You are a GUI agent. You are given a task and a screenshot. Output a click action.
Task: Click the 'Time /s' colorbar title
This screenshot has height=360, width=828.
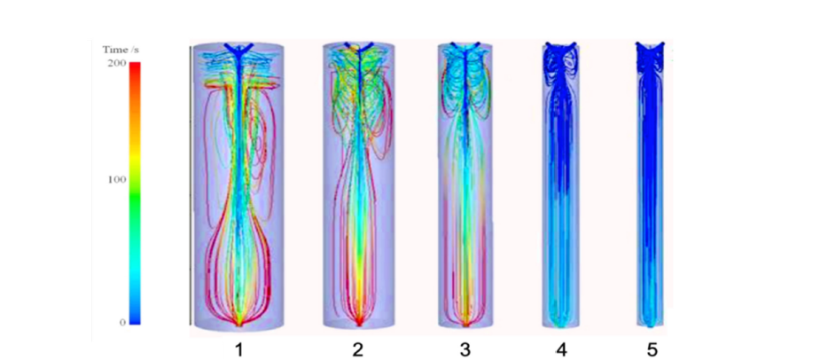[121, 51]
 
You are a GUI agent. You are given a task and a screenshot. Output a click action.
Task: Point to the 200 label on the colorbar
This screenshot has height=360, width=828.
[117, 63]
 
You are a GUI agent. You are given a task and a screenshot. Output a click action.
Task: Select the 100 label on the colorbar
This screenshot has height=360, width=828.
[117, 179]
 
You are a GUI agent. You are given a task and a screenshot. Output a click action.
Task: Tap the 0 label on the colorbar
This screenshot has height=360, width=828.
[122, 322]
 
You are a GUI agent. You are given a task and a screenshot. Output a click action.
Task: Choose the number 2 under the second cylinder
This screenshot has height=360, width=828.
[357, 348]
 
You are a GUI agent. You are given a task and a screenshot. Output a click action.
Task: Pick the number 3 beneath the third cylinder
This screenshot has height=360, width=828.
[465, 348]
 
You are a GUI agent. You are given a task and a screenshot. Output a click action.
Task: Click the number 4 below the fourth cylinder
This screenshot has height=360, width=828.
[561, 348]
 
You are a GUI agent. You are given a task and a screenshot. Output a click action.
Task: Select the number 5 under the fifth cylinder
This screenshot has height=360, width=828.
[651, 348]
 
